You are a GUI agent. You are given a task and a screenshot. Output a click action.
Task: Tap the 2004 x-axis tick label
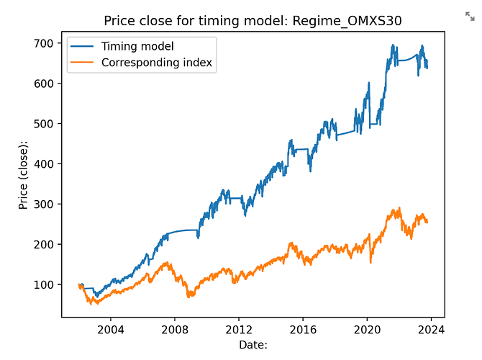tap(109, 330)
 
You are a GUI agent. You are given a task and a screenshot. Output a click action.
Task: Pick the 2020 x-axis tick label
tap(367, 330)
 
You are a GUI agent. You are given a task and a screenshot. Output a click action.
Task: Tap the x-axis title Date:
tap(253, 345)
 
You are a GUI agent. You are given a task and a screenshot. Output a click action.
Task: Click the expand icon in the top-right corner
tap(470, 15)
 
